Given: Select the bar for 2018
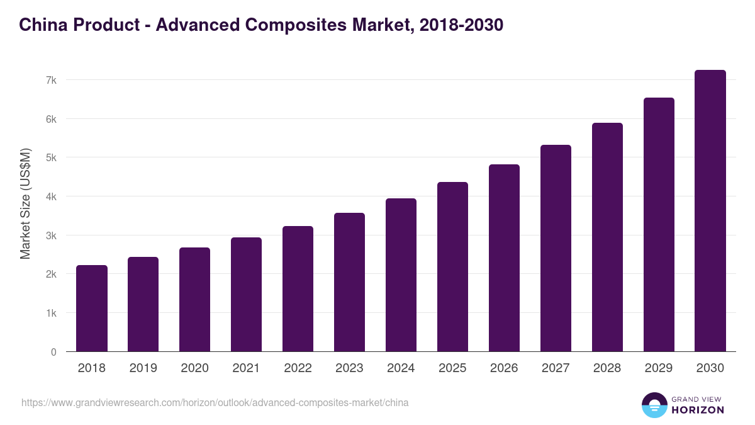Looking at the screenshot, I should pyautogui.click(x=92, y=309).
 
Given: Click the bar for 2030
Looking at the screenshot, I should pyautogui.click(x=710, y=211).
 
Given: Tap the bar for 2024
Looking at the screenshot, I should pyautogui.click(x=401, y=275).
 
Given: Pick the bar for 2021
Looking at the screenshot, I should pyautogui.click(x=246, y=295).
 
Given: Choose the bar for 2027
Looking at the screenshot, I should pyautogui.click(x=556, y=248).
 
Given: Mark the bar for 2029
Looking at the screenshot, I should pyautogui.click(x=659, y=225).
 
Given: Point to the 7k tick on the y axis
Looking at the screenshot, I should pyautogui.click(x=51, y=80).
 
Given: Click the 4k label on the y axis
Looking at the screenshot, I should pyautogui.click(x=51, y=196).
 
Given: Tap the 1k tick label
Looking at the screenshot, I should pyautogui.click(x=51, y=313).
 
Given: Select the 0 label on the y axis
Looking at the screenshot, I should pyautogui.click(x=53, y=352).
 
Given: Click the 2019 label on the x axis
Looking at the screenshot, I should pyautogui.click(x=143, y=368).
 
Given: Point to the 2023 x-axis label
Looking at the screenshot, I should pyautogui.click(x=349, y=368).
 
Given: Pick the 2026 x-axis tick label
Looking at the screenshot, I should pyautogui.click(x=504, y=368).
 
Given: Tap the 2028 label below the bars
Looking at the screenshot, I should pyautogui.click(x=607, y=368).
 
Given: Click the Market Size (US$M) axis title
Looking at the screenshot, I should pyautogui.click(x=25, y=203).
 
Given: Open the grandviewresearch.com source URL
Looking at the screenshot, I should pyautogui.click(x=215, y=402).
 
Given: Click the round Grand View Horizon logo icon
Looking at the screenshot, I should pyautogui.click(x=654, y=405).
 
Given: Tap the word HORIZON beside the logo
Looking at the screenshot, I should pyautogui.click(x=697, y=410).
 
